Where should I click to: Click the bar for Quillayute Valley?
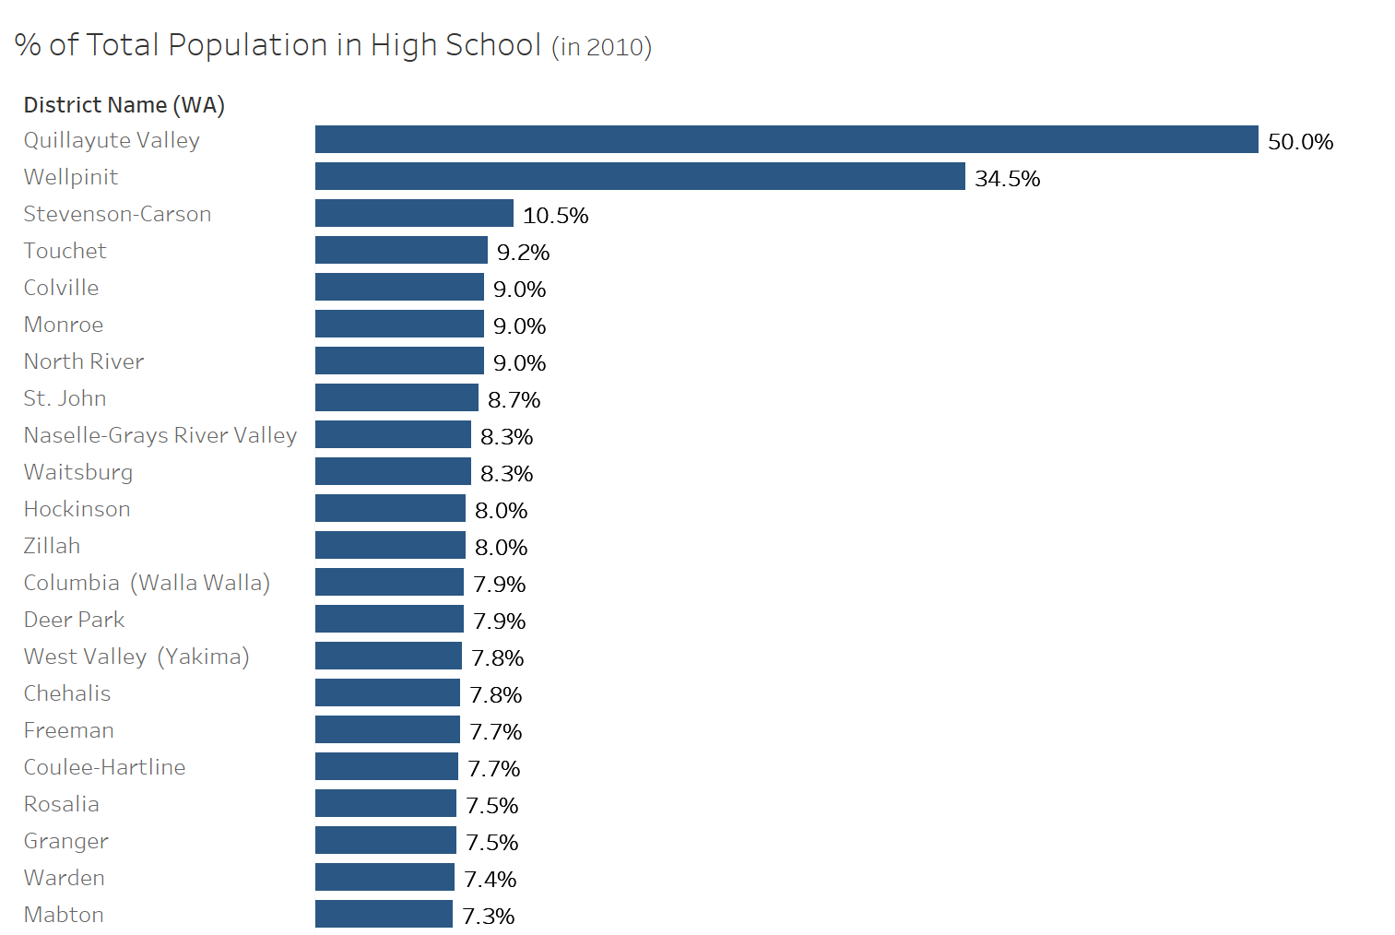point(786,139)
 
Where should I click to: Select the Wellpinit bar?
point(640,176)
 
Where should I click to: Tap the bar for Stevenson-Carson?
point(414,213)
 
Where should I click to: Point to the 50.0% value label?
point(1300,141)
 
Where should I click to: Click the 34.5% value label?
point(1007,178)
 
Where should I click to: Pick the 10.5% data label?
point(555,216)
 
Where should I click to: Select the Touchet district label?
point(65,251)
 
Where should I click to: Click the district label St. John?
point(65,398)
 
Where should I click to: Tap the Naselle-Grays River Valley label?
point(160,435)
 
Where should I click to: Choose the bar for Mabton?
point(384,914)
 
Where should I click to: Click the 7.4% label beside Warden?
point(491,879)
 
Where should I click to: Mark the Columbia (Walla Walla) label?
point(147,583)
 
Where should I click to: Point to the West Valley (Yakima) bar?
point(388,656)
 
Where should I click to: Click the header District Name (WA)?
point(124,104)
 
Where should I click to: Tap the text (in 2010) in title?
point(601,47)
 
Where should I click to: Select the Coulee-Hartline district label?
point(104,767)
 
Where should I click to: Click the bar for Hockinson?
point(390,508)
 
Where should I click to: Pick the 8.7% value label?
point(514,400)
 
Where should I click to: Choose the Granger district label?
point(66,842)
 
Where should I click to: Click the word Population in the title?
point(248,45)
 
